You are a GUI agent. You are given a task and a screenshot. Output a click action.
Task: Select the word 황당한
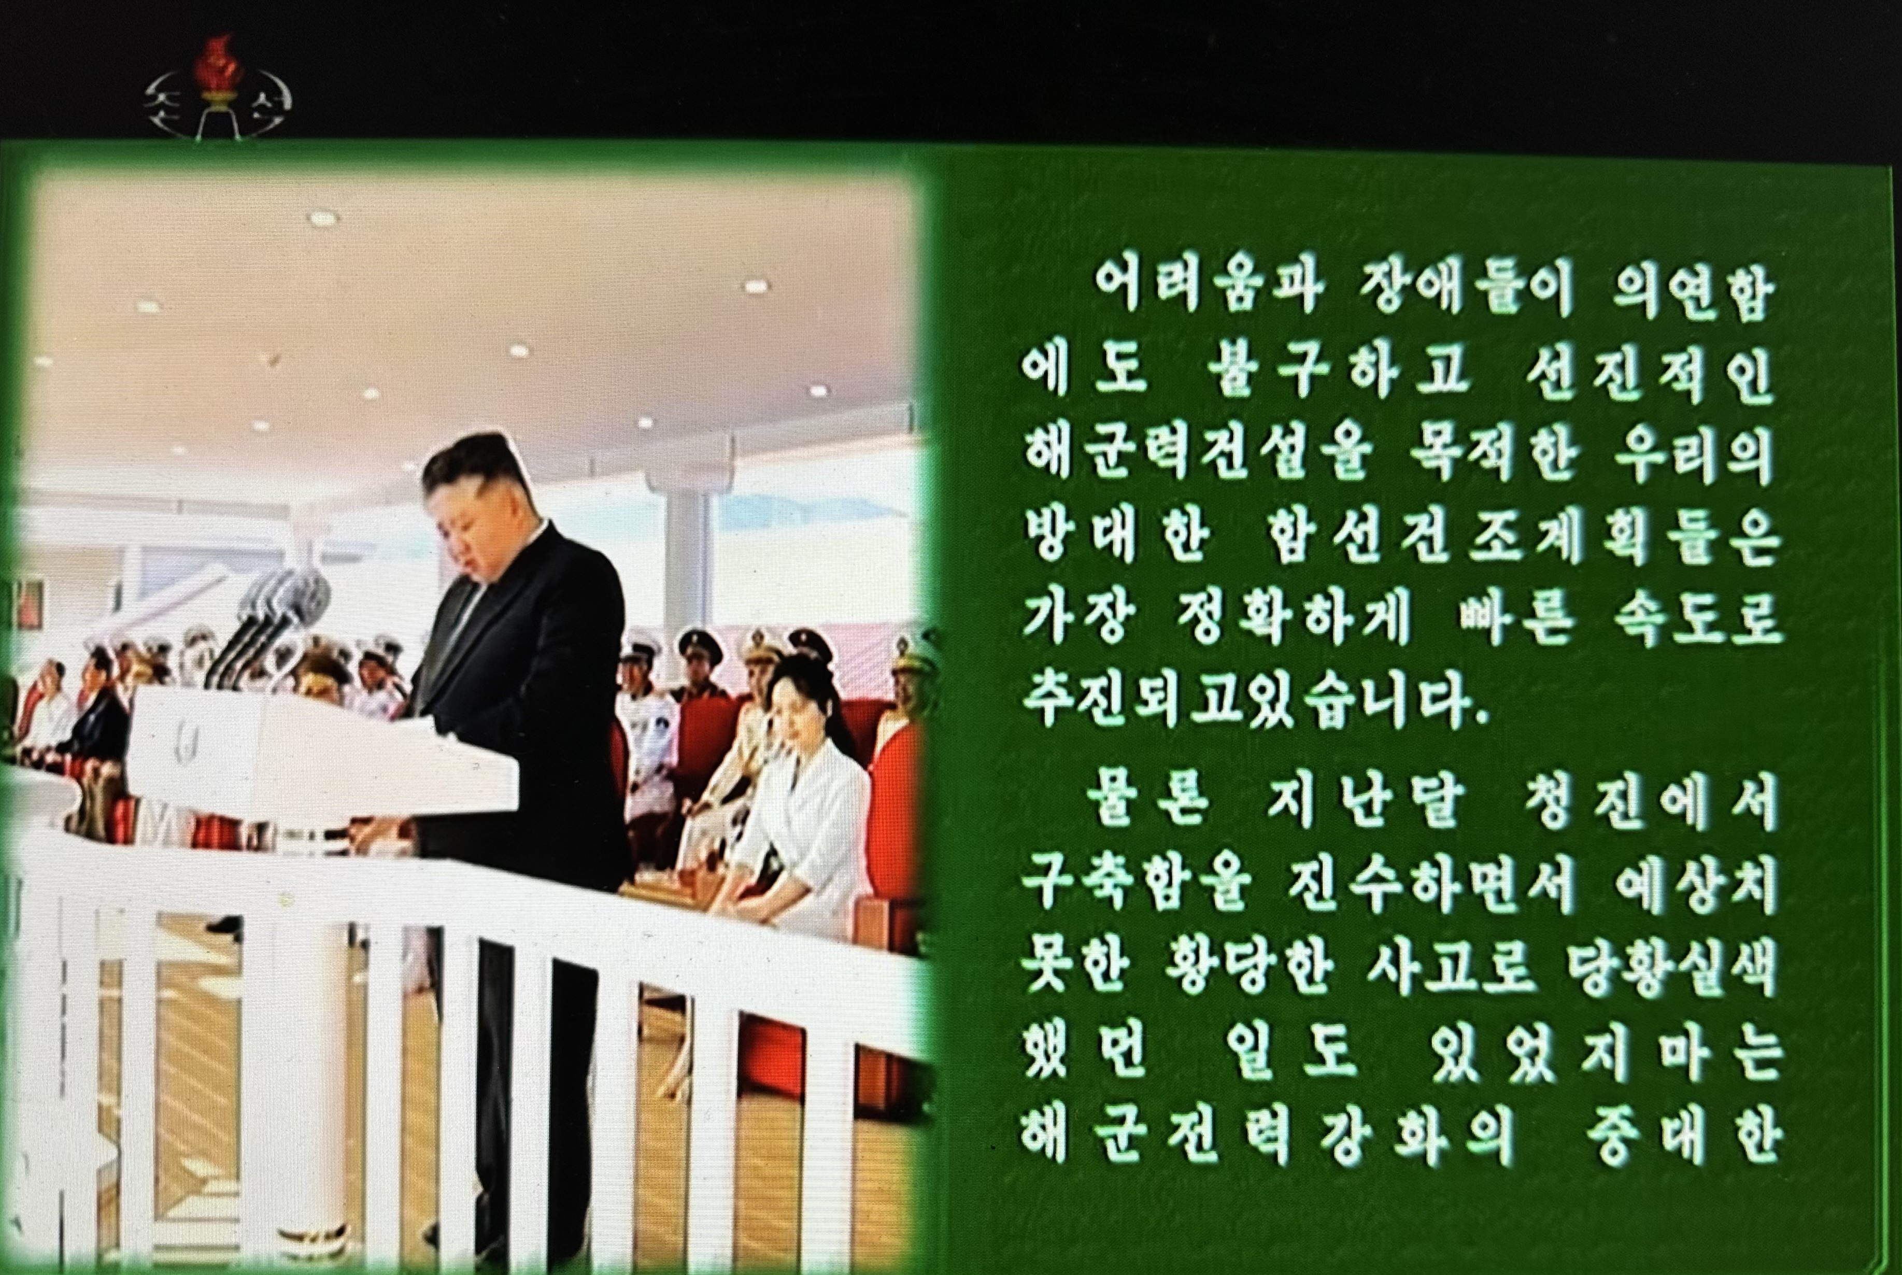coord(1248,968)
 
